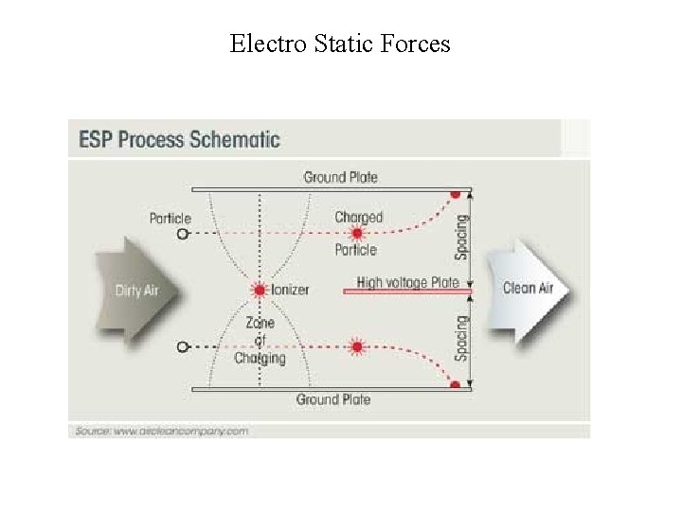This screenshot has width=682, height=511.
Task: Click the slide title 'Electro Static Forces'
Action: point(340,44)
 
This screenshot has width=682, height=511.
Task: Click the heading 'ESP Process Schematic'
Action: point(179,139)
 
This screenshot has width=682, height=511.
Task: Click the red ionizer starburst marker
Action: point(258,289)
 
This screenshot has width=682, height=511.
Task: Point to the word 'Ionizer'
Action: point(290,290)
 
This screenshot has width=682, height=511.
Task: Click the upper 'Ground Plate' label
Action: point(340,177)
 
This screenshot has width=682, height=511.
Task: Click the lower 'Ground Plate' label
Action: point(333,399)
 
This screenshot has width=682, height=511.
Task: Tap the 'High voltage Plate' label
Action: point(407,282)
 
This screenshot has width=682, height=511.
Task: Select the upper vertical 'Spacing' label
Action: point(461,236)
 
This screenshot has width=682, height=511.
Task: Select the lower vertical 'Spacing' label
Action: point(461,338)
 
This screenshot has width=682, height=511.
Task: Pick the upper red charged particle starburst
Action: point(357,233)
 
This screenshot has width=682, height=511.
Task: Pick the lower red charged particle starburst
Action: point(357,346)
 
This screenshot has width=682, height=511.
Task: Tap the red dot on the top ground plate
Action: point(455,193)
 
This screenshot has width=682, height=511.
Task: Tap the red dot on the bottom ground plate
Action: point(455,385)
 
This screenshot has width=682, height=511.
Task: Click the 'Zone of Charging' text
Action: point(260,341)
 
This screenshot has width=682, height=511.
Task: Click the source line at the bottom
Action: point(160,431)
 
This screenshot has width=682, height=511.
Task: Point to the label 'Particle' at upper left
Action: point(170,218)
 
